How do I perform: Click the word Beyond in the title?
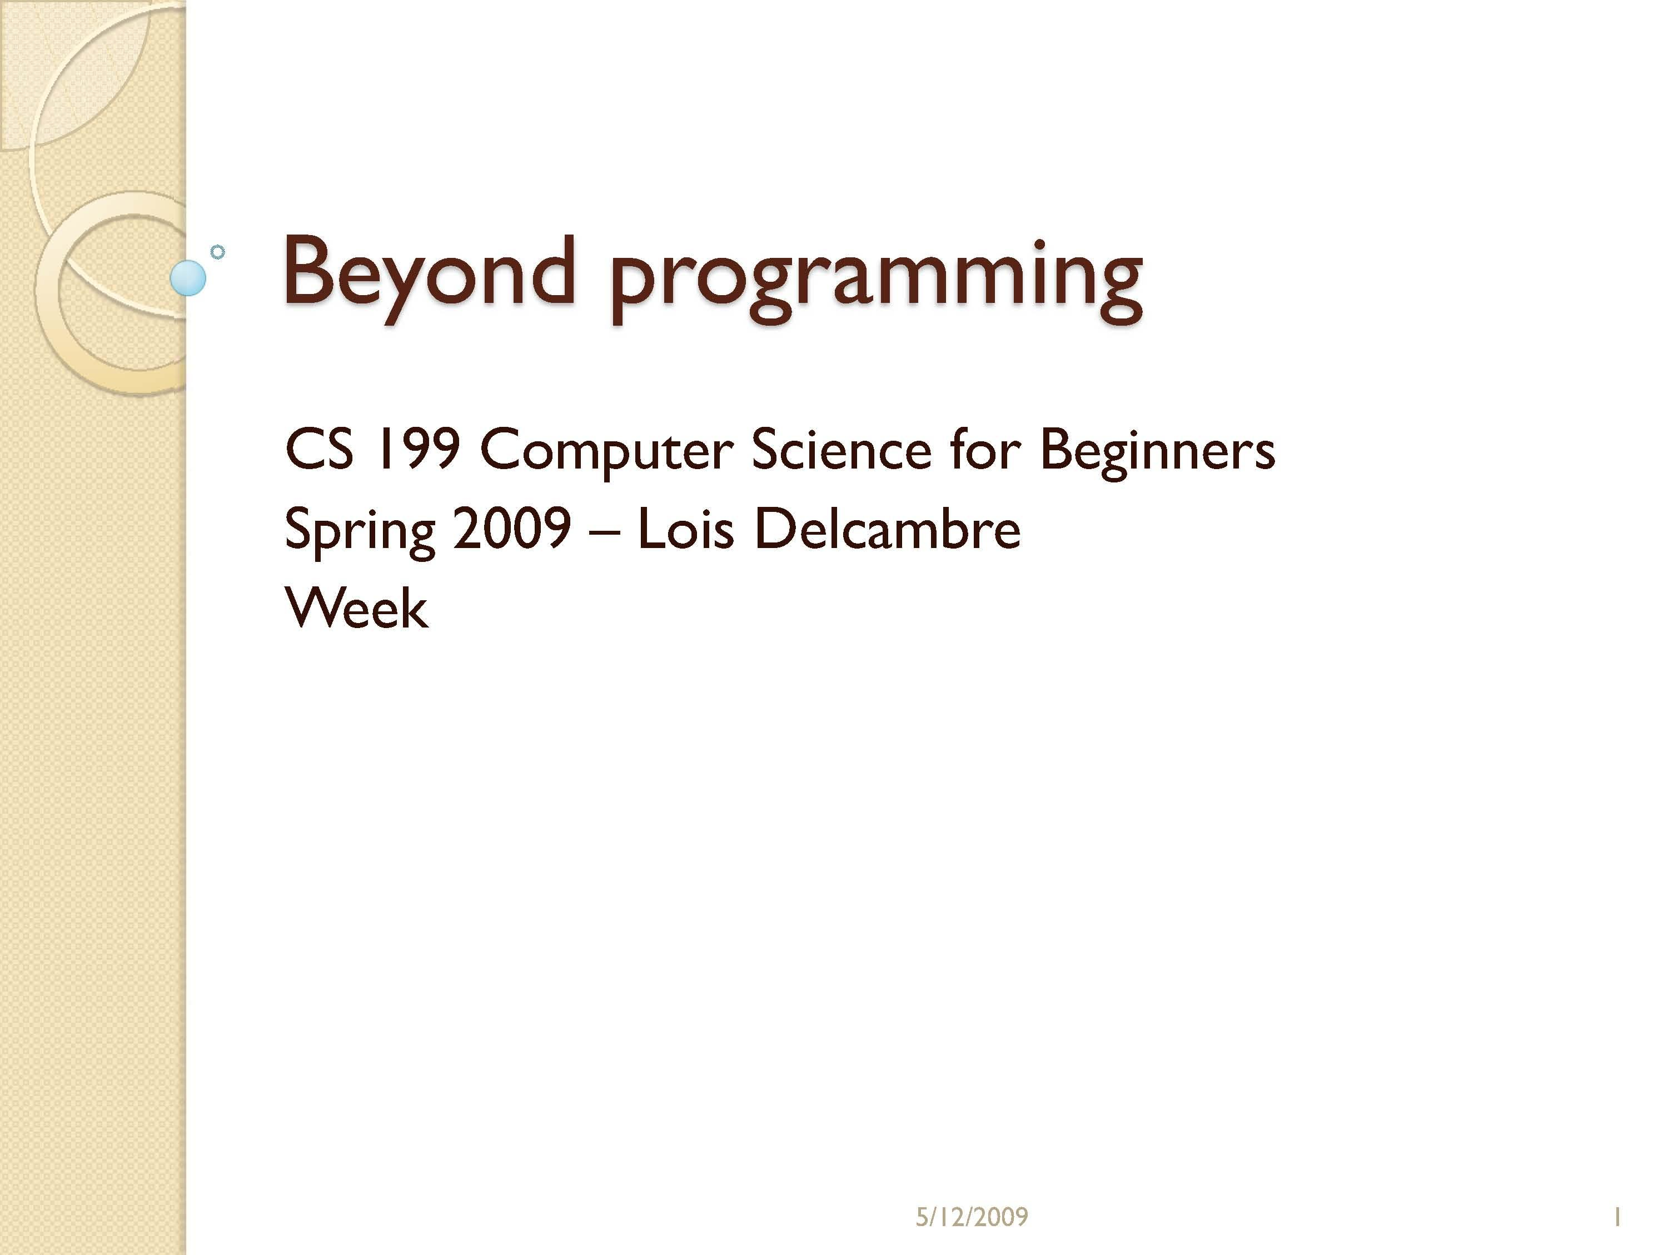pos(429,272)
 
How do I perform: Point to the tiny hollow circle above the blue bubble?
pos(218,252)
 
